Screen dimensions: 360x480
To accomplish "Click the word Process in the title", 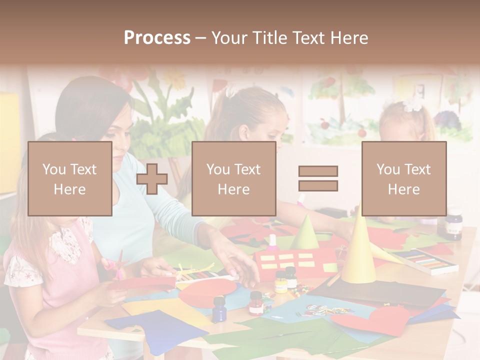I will (157, 38).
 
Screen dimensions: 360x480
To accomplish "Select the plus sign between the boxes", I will (152, 179).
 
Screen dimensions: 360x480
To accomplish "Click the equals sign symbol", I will (318, 178).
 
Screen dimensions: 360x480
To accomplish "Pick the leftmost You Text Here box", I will (70, 178).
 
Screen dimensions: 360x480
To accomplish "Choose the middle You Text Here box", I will (233, 178).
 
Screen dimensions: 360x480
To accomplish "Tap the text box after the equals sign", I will (404, 178).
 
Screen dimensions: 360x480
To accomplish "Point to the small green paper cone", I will (304, 233).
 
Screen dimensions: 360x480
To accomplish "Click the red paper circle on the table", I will (207, 293).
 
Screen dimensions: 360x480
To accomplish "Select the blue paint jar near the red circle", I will (218, 308).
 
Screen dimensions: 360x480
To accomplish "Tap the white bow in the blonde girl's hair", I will (412, 104).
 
